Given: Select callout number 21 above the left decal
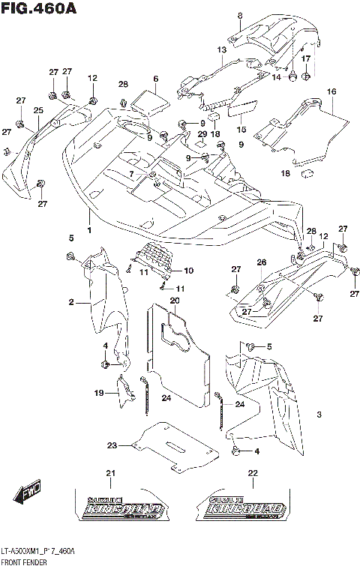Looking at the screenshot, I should click(110, 473).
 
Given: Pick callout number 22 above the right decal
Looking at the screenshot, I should click(253, 473).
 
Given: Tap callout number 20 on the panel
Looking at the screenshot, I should click(174, 301).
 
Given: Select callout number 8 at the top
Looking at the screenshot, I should click(240, 15).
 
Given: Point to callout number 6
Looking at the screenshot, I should click(155, 78).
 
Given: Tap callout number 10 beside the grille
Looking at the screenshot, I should click(188, 270).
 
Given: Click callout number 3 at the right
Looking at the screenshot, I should click(319, 415).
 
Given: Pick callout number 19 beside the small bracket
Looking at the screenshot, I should click(97, 393).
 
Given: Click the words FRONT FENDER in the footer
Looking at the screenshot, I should click(23, 561).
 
